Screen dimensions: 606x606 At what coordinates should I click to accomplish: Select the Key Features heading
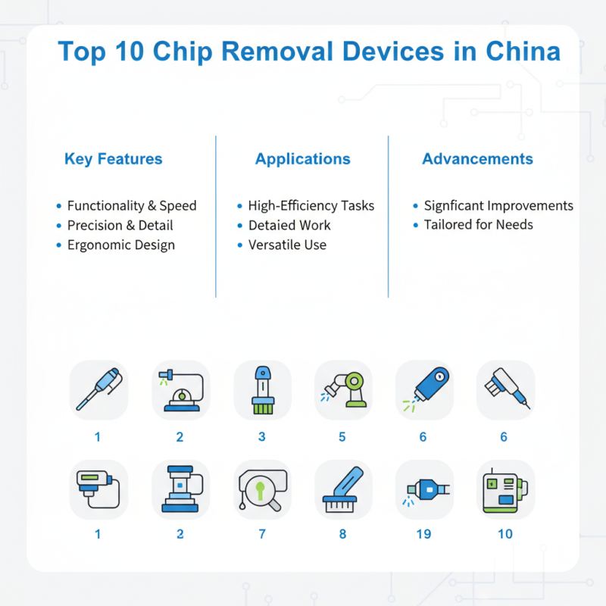click(x=114, y=159)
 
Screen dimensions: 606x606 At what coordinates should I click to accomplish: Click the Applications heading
click(x=303, y=159)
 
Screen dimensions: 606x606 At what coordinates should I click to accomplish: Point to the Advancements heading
click(x=477, y=159)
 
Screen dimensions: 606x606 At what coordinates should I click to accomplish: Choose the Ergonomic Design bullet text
click(x=121, y=245)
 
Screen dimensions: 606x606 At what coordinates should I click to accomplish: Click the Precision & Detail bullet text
click(x=120, y=225)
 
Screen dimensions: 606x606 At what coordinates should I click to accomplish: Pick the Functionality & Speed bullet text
click(x=132, y=205)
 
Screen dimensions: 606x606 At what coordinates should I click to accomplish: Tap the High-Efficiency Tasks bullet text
click(x=311, y=205)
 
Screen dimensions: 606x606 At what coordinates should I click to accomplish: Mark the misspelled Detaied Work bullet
click(x=289, y=225)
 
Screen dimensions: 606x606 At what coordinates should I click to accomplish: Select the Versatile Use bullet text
click(x=288, y=245)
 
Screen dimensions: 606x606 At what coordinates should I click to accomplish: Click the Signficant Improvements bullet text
click(x=498, y=205)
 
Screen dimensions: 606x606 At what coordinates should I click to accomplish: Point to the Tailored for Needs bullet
click(x=478, y=225)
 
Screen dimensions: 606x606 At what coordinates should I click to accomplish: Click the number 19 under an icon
click(x=423, y=534)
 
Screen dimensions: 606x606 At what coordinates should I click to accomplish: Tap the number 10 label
click(x=505, y=534)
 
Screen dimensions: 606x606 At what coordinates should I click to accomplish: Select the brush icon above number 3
click(x=262, y=389)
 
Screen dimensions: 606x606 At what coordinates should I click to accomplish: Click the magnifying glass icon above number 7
click(x=262, y=489)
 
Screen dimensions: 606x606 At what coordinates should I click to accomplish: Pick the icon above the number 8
click(x=343, y=489)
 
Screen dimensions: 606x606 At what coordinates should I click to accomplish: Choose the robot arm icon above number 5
click(x=343, y=389)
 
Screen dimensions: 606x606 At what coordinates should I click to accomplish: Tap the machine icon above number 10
click(x=505, y=489)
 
